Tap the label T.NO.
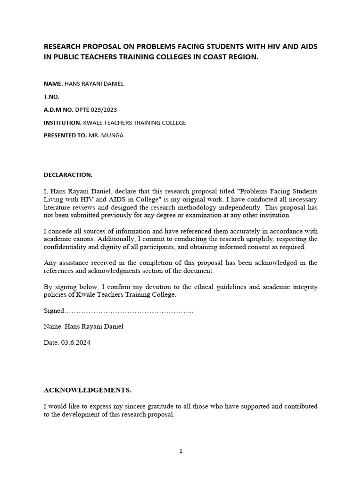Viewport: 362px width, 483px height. point(52,97)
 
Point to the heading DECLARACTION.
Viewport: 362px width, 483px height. point(68,175)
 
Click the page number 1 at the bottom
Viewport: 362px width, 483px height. point(181,451)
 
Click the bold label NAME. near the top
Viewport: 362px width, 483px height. point(53,83)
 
